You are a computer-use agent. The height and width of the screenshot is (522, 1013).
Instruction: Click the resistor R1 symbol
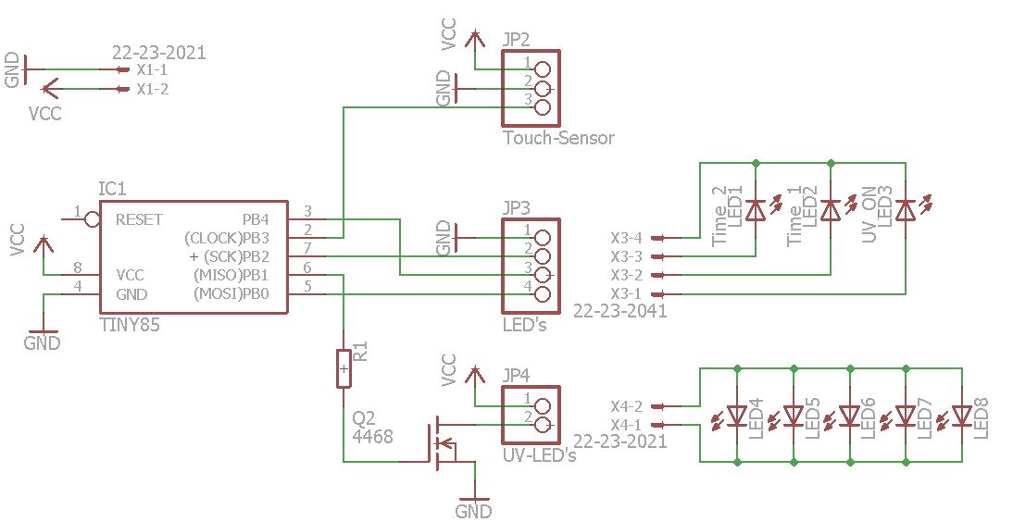(x=344, y=368)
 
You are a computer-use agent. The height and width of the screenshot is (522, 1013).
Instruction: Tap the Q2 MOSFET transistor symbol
(x=440, y=442)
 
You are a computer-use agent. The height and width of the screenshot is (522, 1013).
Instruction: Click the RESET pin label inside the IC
(x=139, y=219)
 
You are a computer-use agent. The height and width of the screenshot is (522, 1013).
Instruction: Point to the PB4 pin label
(x=255, y=219)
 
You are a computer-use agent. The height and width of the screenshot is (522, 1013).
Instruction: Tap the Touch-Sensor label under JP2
(x=558, y=138)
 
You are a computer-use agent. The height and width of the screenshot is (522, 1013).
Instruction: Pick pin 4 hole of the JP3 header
(x=543, y=295)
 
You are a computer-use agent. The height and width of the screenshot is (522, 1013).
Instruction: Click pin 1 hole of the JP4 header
(x=543, y=405)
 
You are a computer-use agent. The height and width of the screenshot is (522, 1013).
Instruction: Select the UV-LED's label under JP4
(x=540, y=455)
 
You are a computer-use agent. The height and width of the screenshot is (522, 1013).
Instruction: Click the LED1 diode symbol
(x=756, y=210)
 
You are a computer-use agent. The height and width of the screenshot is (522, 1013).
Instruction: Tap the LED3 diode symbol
(x=906, y=210)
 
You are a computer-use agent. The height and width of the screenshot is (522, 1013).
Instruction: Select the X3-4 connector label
(x=627, y=237)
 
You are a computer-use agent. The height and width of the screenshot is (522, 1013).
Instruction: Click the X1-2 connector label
(x=152, y=90)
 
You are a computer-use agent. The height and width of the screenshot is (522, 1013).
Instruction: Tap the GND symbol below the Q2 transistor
(x=474, y=509)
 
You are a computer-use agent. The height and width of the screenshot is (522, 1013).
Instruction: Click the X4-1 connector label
(x=627, y=424)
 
